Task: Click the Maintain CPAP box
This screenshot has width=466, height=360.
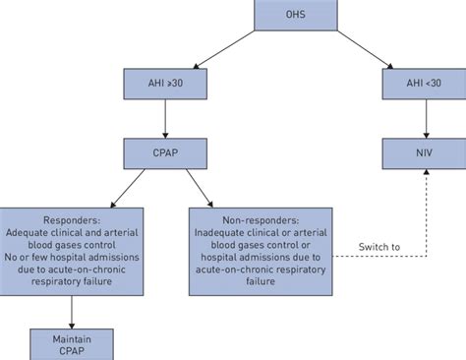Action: tap(72, 343)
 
